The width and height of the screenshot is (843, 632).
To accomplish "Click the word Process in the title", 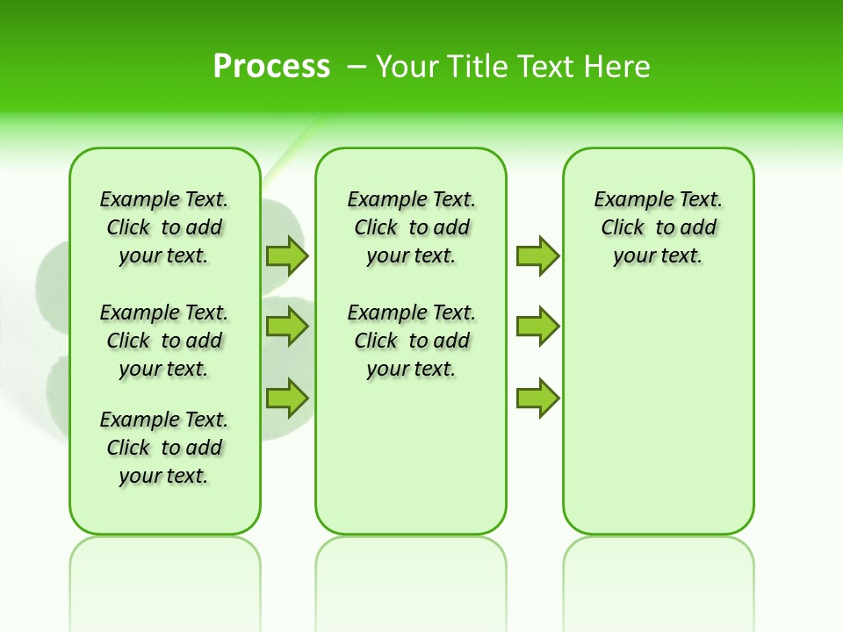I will coord(271,66).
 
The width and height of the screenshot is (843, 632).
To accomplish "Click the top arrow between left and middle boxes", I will coord(287,255).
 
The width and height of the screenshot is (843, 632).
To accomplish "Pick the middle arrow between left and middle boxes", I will coord(287,327).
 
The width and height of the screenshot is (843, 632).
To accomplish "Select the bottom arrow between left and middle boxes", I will coord(287,398).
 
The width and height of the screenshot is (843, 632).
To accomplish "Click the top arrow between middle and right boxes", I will coord(537,255).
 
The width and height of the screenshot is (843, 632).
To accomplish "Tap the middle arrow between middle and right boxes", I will coord(537,327).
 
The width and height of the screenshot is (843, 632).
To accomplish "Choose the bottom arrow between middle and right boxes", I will coord(537,398).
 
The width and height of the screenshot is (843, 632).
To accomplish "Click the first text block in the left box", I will coord(164,227).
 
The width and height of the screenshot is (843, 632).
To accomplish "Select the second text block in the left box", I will coord(164,341).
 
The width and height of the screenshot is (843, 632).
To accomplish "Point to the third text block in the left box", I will coord(164,448).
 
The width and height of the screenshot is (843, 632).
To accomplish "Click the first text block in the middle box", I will coord(411,227).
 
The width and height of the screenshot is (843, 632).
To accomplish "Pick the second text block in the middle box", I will coord(411,341).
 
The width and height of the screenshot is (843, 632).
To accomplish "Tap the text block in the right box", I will coord(658,227).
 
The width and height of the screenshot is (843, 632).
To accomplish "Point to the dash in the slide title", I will coord(357,66).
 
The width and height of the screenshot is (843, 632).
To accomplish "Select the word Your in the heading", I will coord(407,66).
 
